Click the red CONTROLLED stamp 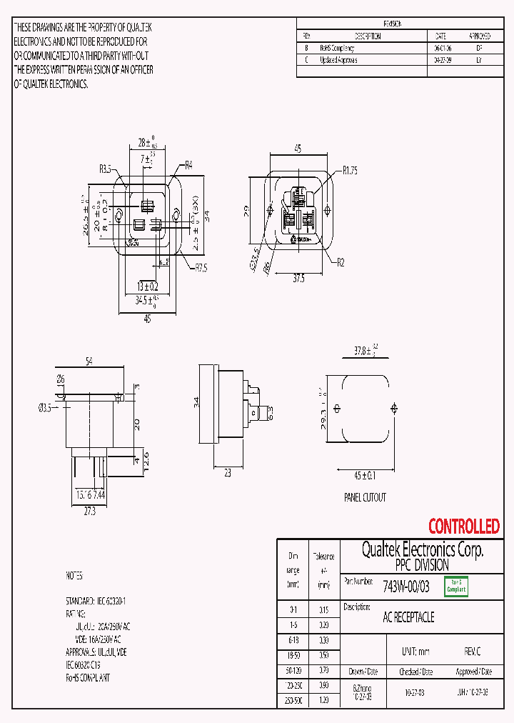pyautogui.click(x=463, y=527)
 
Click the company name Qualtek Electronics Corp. pyautogui.click(x=422, y=549)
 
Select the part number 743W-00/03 pyautogui.click(x=406, y=587)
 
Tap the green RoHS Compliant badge pyautogui.click(x=456, y=586)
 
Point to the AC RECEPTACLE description pyautogui.click(x=408, y=617)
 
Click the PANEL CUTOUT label pyautogui.click(x=365, y=497)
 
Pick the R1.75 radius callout pyautogui.click(x=349, y=170)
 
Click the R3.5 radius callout pyautogui.click(x=105, y=169)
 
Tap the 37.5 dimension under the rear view pyautogui.click(x=298, y=279)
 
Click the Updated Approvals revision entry pyautogui.click(x=338, y=60)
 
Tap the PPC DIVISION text pyautogui.click(x=422, y=564)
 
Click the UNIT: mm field pyautogui.click(x=416, y=652)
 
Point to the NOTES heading pyautogui.click(x=74, y=575)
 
